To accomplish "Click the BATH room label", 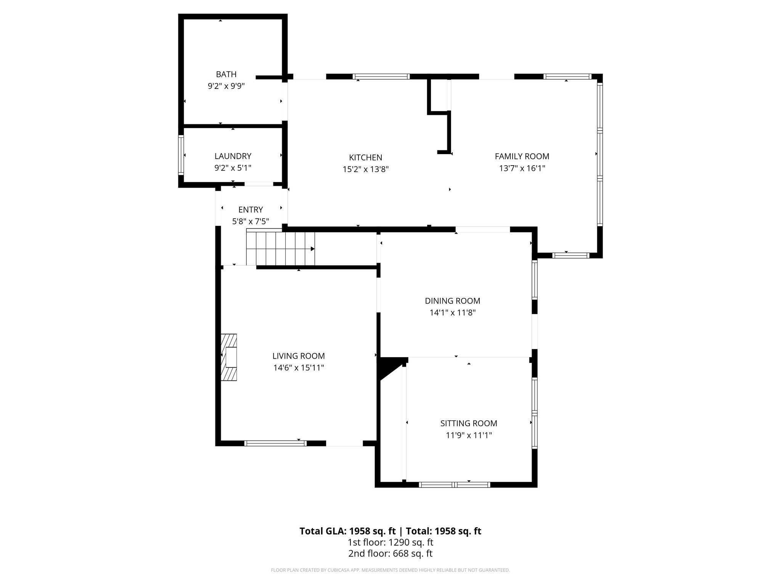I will [226, 74].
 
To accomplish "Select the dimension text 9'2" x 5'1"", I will [233, 168].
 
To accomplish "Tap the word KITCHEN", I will [365, 158].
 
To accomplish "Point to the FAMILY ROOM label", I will [522, 156].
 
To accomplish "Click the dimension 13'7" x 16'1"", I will [522, 168].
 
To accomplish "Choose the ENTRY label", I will [251, 210].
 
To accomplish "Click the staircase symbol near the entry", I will [280, 247].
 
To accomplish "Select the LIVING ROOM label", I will [298, 356].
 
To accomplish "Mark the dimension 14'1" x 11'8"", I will [452, 313].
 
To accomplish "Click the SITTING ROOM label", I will [468, 423].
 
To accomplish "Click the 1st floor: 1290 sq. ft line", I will [390, 542].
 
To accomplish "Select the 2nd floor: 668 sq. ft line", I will [390, 554].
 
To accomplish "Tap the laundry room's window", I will [181, 155].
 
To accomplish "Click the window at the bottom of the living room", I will [275, 443].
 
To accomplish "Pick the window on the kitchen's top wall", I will [381, 77].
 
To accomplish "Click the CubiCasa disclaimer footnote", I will [390, 570].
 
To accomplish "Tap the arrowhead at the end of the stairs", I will [312, 249].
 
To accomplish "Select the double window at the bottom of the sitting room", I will [454, 485].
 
